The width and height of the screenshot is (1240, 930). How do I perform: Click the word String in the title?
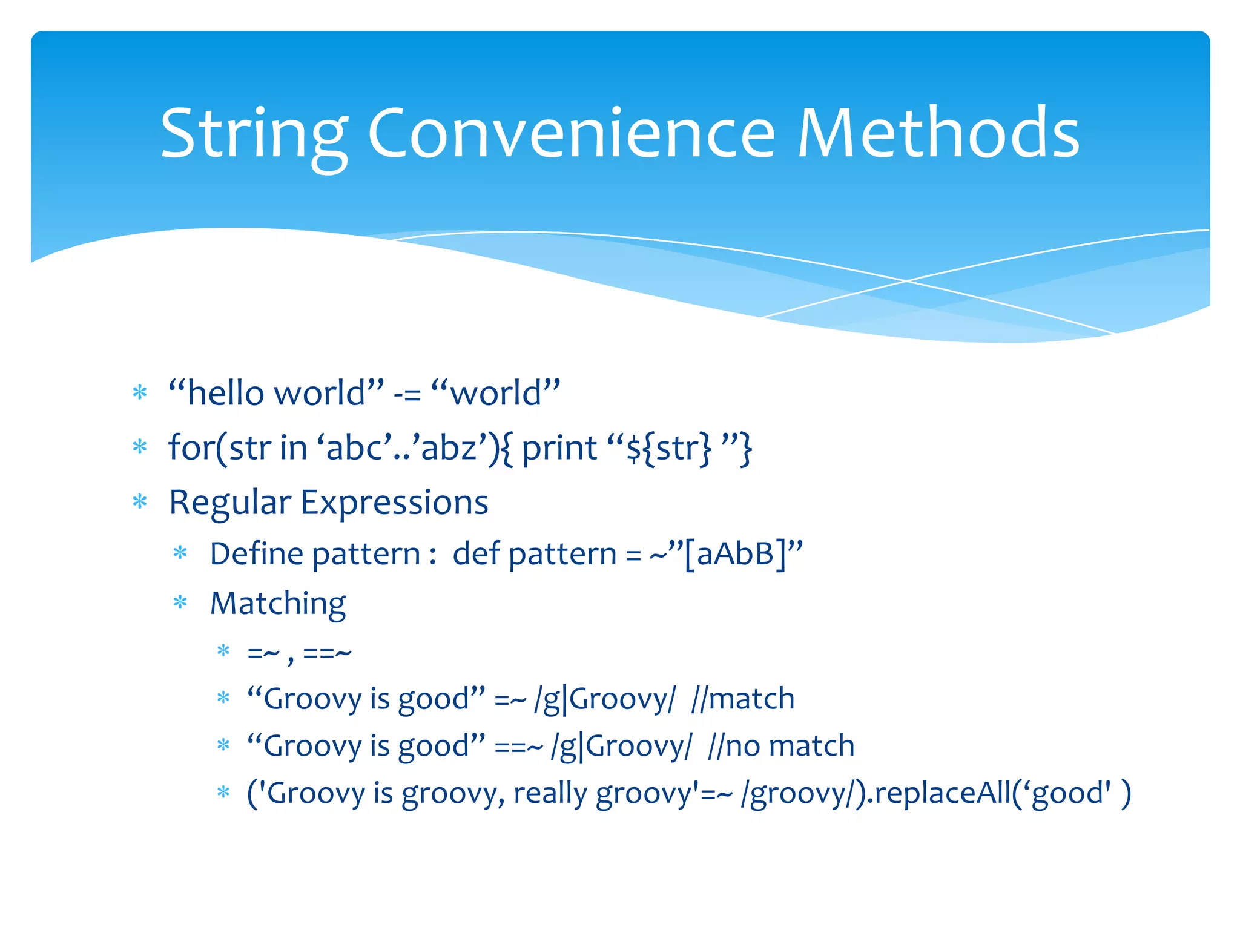[254, 134]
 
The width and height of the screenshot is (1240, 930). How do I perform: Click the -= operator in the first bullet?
[407, 394]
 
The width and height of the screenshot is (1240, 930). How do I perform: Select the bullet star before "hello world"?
[140, 393]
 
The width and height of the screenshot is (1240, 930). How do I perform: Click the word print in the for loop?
[559, 449]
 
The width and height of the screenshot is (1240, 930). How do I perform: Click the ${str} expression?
[669, 449]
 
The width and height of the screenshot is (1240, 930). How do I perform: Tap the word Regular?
[230, 503]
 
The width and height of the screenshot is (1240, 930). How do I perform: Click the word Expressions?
[394, 503]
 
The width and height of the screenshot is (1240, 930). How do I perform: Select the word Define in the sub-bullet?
[255, 554]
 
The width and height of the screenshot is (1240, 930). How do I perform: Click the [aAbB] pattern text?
[734, 554]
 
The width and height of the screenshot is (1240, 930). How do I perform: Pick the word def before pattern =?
[476, 554]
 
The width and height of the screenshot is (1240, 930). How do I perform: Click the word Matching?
[278, 604]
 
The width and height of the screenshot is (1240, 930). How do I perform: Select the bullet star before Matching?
[180, 603]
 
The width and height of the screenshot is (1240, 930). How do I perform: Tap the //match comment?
[742, 699]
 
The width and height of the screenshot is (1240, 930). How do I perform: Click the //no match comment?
[781, 746]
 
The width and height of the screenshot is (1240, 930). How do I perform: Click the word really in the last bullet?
[550, 793]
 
